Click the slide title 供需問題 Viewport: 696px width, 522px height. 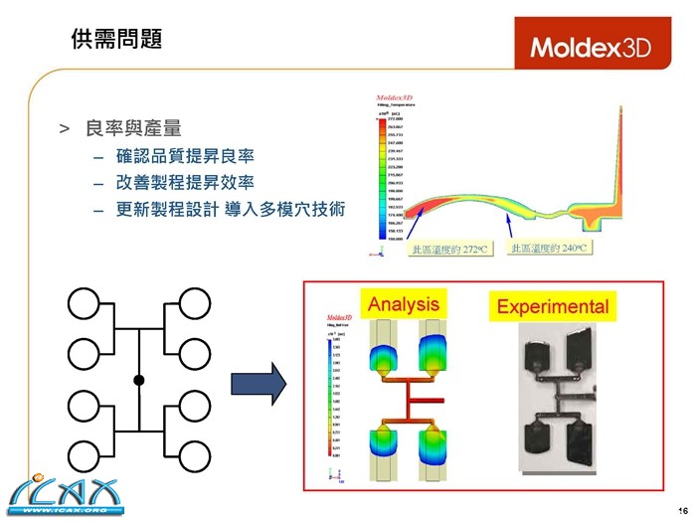coord(116,39)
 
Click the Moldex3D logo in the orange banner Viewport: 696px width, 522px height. coord(590,47)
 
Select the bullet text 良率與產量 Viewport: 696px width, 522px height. coord(132,128)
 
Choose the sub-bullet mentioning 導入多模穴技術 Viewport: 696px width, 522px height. coord(230,210)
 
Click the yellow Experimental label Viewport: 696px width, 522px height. coord(552,306)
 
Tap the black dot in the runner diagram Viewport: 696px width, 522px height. coord(139,381)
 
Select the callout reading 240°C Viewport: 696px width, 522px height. coord(548,248)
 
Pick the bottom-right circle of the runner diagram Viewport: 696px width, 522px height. coord(197,456)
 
